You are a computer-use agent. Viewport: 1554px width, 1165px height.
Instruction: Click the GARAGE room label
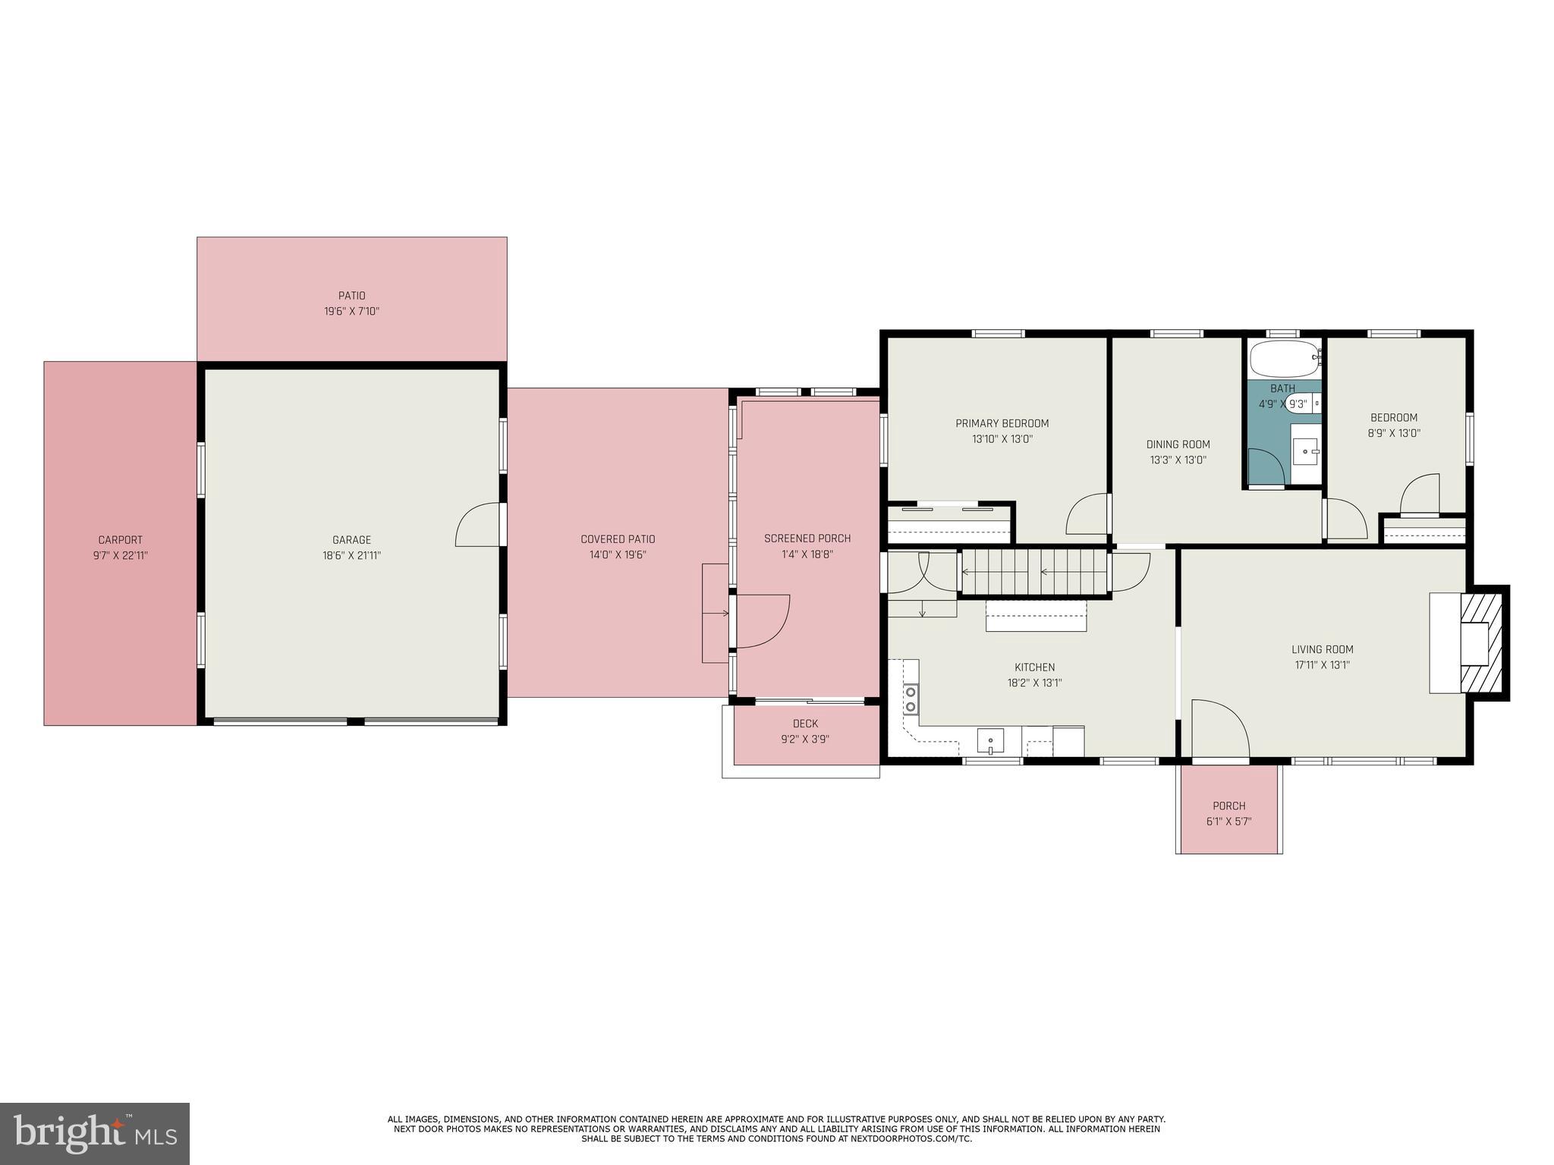point(351,540)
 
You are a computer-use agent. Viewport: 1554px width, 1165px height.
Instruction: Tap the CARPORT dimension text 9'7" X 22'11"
point(120,555)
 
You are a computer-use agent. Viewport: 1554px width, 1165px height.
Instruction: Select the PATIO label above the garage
point(351,296)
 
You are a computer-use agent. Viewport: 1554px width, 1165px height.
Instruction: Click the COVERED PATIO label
point(618,539)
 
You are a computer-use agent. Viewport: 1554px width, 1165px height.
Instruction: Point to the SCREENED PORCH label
point(807,539)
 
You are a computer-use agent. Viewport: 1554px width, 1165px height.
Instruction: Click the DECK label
point(805,724)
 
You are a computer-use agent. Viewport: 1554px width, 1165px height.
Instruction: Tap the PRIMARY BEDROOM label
point(1002,423)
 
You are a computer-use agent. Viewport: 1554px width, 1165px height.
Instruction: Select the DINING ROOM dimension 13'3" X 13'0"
point(1178,460)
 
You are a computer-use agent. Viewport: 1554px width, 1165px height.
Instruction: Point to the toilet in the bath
point(1299,403)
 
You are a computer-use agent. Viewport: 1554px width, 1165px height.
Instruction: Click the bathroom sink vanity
point(1306,452)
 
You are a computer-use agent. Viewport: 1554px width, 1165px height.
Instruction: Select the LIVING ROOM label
point(1322,649)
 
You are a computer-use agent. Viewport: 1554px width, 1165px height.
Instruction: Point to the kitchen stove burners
point(910,699)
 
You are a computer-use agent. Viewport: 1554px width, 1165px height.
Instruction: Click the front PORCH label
point(1228,805)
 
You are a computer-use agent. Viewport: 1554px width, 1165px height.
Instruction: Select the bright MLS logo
point(95,1133)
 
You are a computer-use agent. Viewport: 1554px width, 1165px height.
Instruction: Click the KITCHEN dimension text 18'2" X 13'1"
point(1034,683)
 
